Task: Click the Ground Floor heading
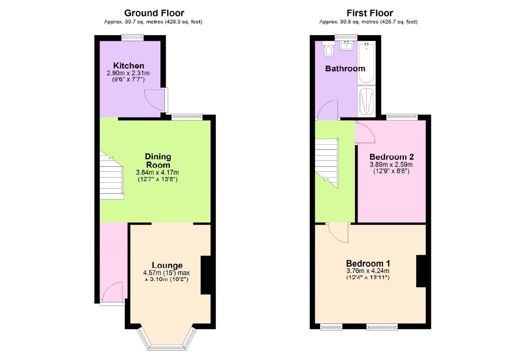(154, 13)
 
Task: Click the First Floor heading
(370, 13)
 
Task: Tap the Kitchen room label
(129, 66)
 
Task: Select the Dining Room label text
(158, 161)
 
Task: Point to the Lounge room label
(167, 265)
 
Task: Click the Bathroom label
(345, 68)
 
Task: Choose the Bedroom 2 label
(392, 157)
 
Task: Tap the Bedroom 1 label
(368, 263)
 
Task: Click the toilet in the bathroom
(329, 49)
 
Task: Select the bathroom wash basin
(347, 45)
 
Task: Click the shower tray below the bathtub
(366, 101)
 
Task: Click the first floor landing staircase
(327, 163)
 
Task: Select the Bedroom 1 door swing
(338, 233)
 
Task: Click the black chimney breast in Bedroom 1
(422, 272)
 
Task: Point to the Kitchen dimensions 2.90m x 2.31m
(128, 73)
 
